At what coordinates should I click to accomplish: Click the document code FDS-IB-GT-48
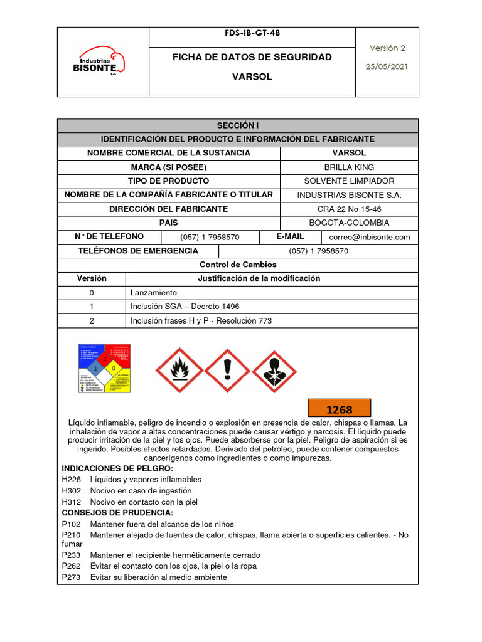[x=252, y=33]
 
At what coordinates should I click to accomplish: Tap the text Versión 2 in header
[x=387, y=48]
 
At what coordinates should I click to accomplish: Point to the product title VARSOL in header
[x=252, y=77]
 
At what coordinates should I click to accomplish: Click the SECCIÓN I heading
[x=237, y=125]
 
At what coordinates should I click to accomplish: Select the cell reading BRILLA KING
[x=349, y=167]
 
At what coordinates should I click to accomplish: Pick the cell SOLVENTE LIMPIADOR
[x=349, y=181]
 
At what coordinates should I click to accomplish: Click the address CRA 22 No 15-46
[x=349, y=209]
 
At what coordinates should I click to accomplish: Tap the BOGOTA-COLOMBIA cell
[x=349, y=223]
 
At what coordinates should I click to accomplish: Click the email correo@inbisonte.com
[x=369, y=237]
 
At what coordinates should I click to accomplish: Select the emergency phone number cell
[x=318, y=251]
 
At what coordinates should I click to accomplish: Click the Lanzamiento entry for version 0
[x=154, y=292]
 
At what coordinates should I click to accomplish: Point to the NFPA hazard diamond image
[x=104, y=369]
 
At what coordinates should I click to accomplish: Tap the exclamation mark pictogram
[x=227, y=371]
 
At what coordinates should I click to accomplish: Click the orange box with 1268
[x=340, y=409]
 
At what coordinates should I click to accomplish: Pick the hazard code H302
[x=71, y=491]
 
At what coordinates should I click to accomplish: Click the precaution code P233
[x=71, y=555]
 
